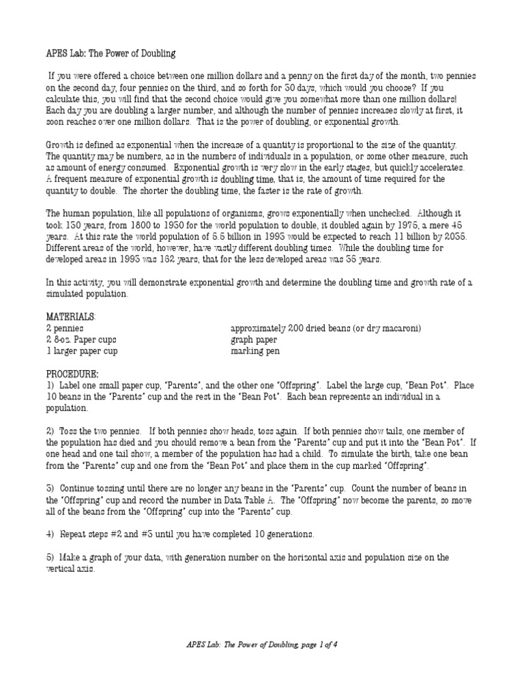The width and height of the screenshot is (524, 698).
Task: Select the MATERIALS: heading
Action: pos(71,317)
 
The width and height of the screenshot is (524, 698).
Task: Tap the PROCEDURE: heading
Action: pos(72,374)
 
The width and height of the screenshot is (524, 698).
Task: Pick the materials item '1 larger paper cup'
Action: pos(82,351)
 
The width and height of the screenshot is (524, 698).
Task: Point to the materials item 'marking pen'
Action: pos(255,351)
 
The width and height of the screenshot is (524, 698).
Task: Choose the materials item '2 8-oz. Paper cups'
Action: pos(81,339)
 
